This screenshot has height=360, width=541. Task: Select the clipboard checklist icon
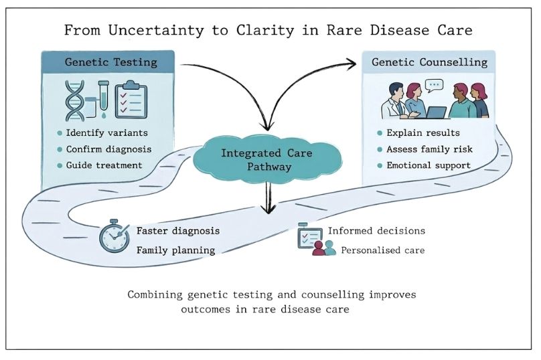click(x=132, y=99)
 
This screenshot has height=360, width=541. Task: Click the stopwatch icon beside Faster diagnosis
click(x=114, y=236)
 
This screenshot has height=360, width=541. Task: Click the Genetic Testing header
click(x=110, y=63)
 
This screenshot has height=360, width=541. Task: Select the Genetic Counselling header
click(x=430, y=63)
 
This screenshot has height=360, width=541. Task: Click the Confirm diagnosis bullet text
click(x=109, y=149)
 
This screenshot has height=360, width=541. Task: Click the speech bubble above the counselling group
click(x=435, y=85)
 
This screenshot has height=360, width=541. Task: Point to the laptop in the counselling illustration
click(x=436, y=113)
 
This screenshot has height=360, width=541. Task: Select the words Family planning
click(x=175, y=251)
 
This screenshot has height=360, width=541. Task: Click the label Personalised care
click(x=383, y=251)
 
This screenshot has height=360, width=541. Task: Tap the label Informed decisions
click(x=376, y=232)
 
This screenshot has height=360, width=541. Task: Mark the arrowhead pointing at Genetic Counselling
click(x=353, y=64)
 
